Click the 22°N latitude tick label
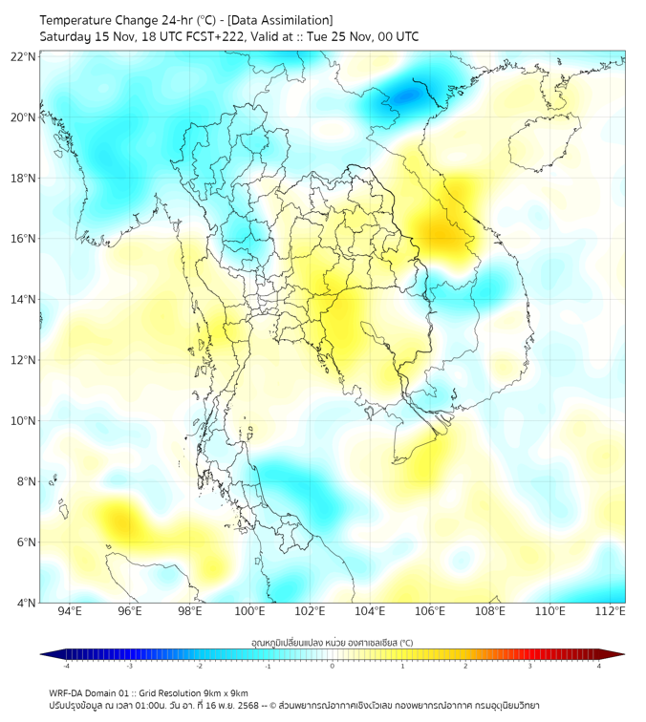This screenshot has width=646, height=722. (24, 56)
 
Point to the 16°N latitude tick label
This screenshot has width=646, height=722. (24, 239)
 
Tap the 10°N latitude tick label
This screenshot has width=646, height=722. (24, 421)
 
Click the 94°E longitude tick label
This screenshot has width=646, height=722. (70, 611)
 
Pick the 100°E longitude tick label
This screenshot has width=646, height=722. (249, 611)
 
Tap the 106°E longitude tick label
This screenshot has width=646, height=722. (430, 611)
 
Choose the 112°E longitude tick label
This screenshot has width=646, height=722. (611, 611)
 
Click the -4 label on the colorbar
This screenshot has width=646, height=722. (65, 666)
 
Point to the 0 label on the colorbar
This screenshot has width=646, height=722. (333, 666)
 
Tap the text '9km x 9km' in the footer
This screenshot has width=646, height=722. (226, 693)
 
